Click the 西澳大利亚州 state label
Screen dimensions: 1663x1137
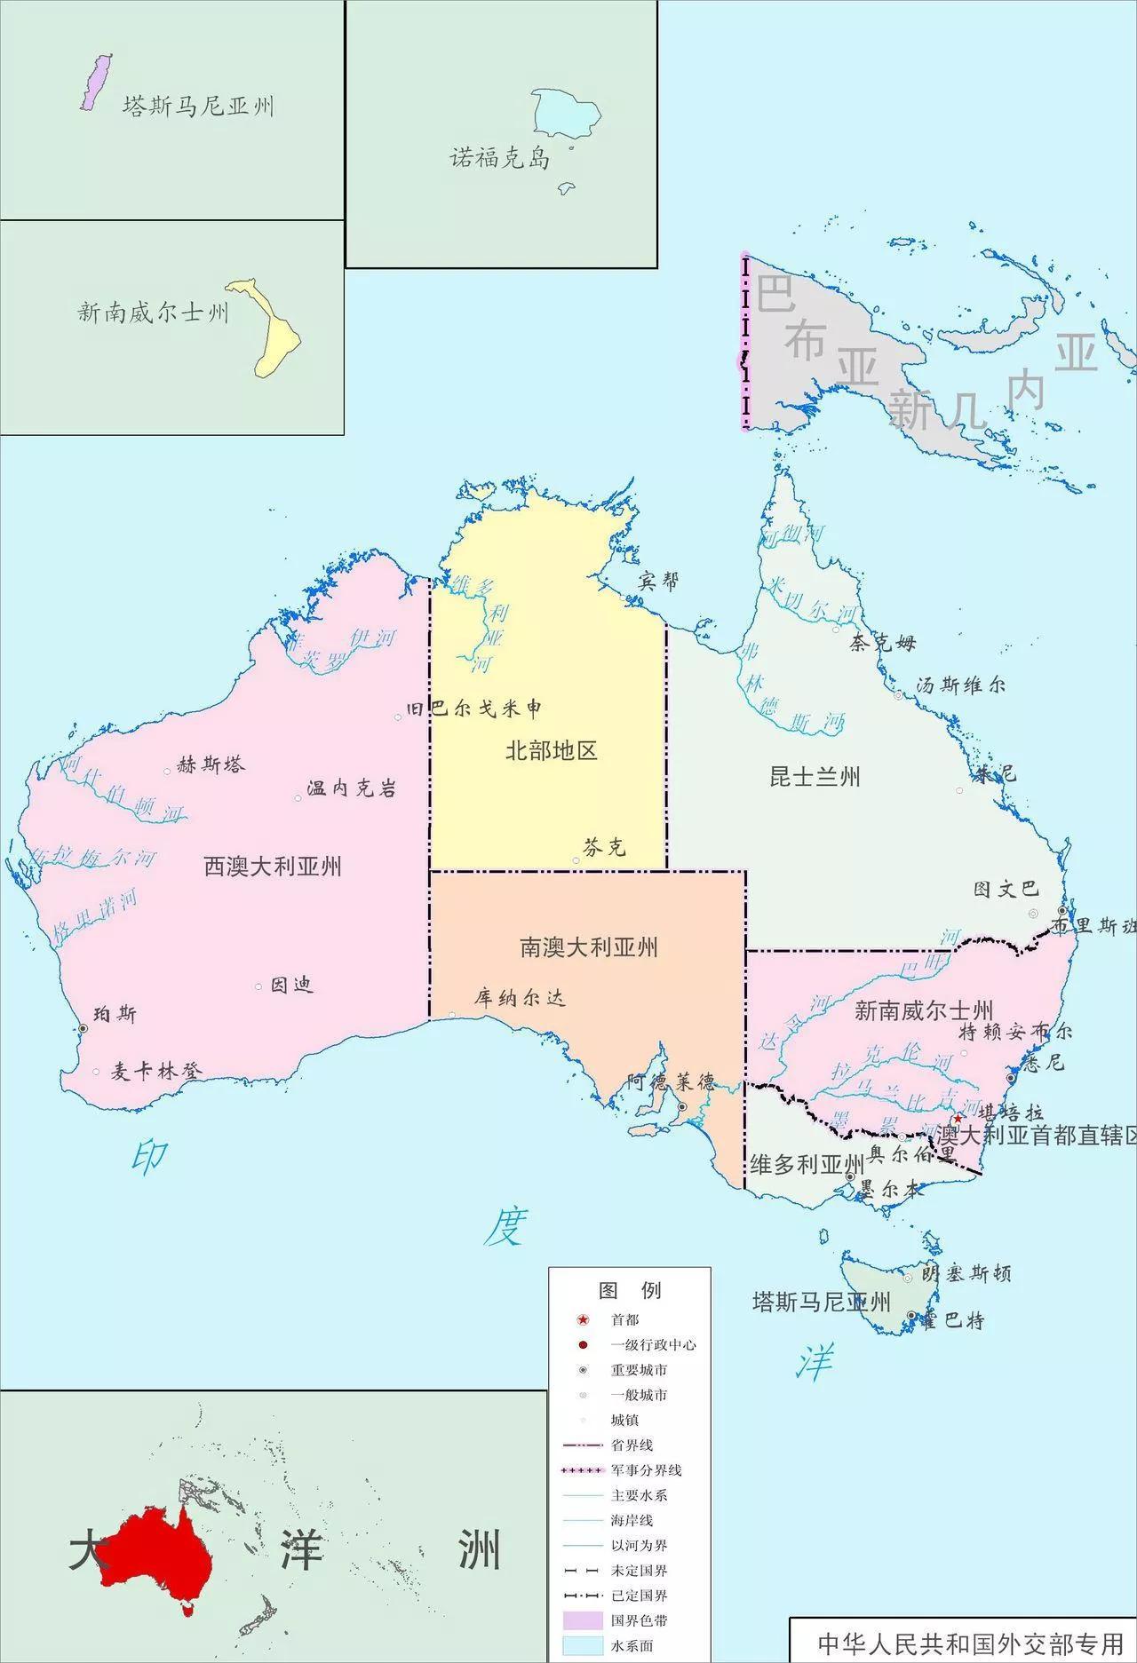(273, 866)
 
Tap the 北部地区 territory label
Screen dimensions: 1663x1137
(551, 751)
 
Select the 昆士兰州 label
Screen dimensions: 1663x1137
(815, 778)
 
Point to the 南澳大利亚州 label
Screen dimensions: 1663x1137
(589, 947)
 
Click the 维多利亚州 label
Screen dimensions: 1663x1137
(807, 1164)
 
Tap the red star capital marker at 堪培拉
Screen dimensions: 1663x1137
(958, 1118)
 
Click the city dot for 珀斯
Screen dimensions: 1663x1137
(83, 1027)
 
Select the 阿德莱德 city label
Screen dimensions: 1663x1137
(671, 1082)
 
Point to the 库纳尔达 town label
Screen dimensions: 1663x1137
(520, 997)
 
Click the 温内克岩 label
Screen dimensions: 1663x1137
(352, 788)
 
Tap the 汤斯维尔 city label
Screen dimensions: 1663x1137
(961, 685)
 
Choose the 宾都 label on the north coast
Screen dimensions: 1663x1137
(659, 581)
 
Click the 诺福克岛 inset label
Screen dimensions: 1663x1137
(500, 159)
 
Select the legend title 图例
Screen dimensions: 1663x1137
(630, 1290)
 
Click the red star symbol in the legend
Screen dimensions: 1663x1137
(583, 1320)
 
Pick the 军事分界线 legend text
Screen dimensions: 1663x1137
(646, 1470)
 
